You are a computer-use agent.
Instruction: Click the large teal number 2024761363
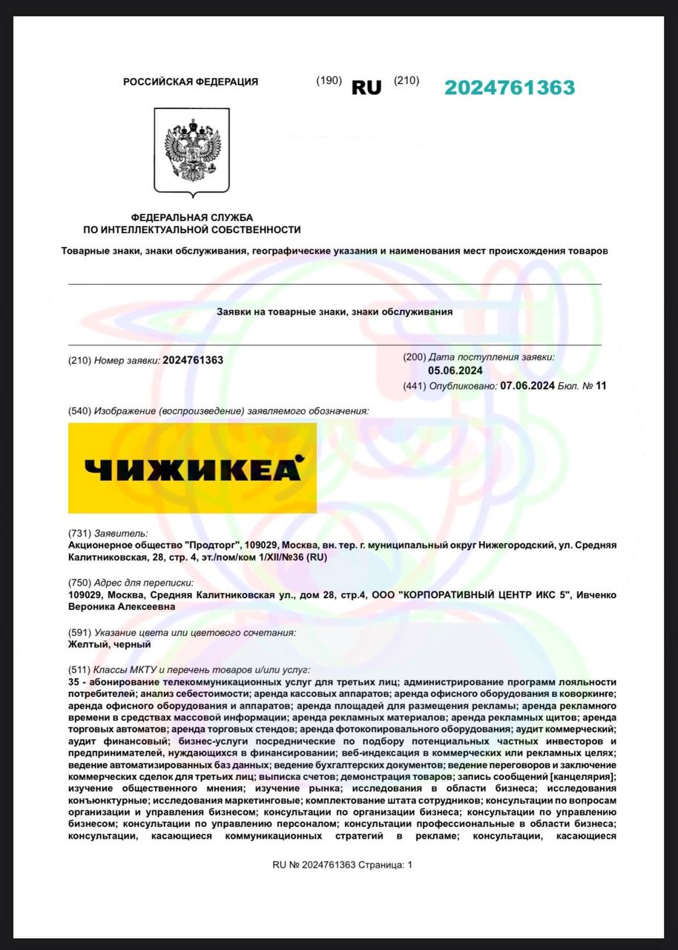(x=510, y=88)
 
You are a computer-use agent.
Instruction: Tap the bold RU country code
(x=366, y=88)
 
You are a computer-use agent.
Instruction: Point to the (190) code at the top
(x=329, y=80)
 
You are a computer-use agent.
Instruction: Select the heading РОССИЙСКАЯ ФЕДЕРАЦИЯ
(x=191, y=82)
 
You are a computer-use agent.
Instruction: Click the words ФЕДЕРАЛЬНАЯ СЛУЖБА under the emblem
(x=192, y=217)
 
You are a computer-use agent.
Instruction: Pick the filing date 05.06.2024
(x=455, y=371)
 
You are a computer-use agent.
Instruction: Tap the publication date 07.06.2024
(x=527, y=385)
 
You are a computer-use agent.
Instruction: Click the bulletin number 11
(x=601, y=385)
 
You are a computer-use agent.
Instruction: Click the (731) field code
(x=79, y=533)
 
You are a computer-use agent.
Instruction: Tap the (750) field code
(x=79, y=583)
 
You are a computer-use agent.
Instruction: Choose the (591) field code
(x=79, y=633)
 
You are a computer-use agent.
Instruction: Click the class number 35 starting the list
(x=73, y=682)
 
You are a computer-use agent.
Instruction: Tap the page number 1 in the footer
(x=409, y=865)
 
